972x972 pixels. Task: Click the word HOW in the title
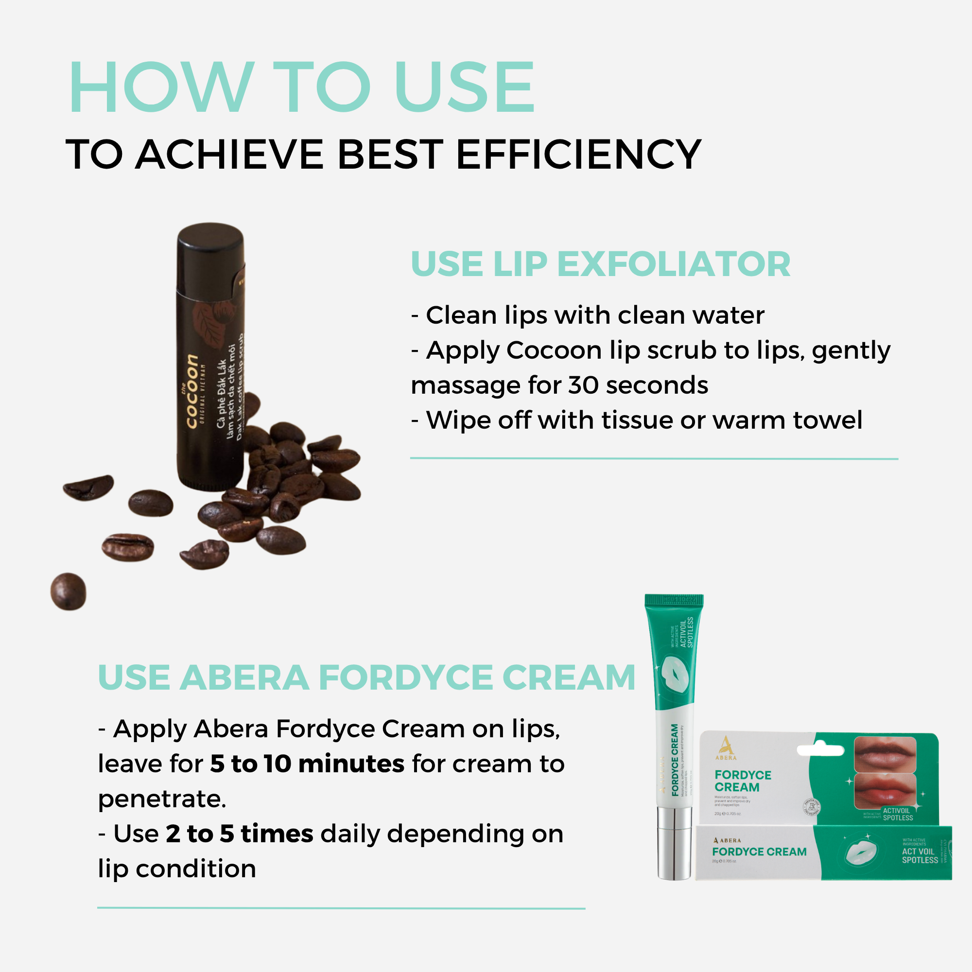(161, 87)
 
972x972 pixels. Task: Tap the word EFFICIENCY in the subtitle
(578, 155)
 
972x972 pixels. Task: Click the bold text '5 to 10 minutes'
(307, 764)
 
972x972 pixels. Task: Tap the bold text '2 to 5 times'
(240, 834)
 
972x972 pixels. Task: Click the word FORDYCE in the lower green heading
(405, 677)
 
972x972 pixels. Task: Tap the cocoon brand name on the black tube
(191, 391)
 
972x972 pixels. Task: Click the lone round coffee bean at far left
(69, 591)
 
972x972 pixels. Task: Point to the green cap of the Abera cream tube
(674, 601)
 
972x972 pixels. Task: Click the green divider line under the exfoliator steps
(654, 458)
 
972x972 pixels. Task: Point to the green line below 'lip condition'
(341, 908)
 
